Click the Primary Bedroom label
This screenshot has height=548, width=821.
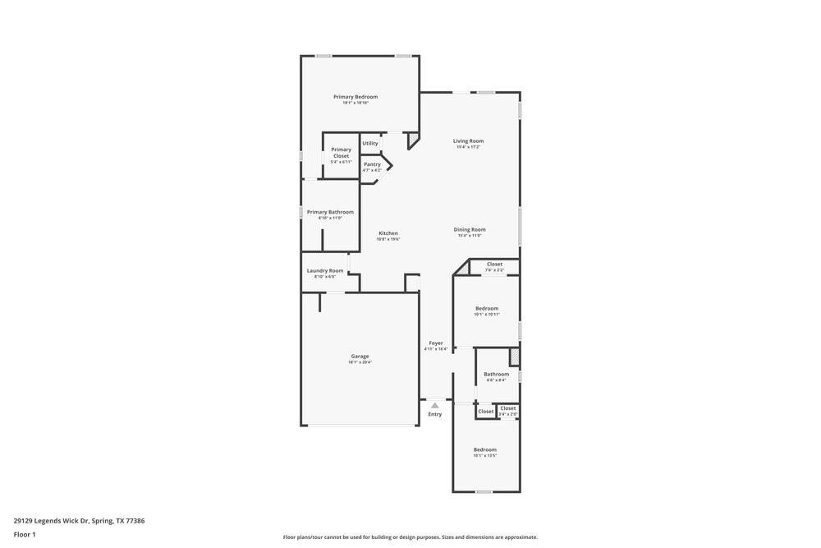click(355, 97)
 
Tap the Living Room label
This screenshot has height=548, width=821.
click(468, 141)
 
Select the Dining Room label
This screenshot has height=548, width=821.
click(470, 230)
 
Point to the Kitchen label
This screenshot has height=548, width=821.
click(388, 233)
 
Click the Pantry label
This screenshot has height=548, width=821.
click(372, 164)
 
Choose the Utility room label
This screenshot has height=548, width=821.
click(370, 143)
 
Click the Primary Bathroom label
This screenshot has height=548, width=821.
click(330, 212)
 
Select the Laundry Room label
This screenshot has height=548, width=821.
click(325, 271)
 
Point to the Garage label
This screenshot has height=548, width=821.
click(360, 357)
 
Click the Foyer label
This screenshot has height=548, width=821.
click(436, 343)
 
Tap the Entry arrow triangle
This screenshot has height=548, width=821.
click(435, 405)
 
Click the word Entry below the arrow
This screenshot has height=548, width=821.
click(435, 414)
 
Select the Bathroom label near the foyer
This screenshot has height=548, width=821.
click(496, 375)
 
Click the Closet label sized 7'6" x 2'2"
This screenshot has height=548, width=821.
click(494, 265)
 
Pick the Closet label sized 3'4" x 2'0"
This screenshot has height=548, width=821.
click(508, 408)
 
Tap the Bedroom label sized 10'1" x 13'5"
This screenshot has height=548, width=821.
click(485, 449)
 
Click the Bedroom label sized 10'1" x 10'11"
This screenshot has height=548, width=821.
click(487, 309)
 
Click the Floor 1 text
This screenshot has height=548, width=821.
click(25, 534)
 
